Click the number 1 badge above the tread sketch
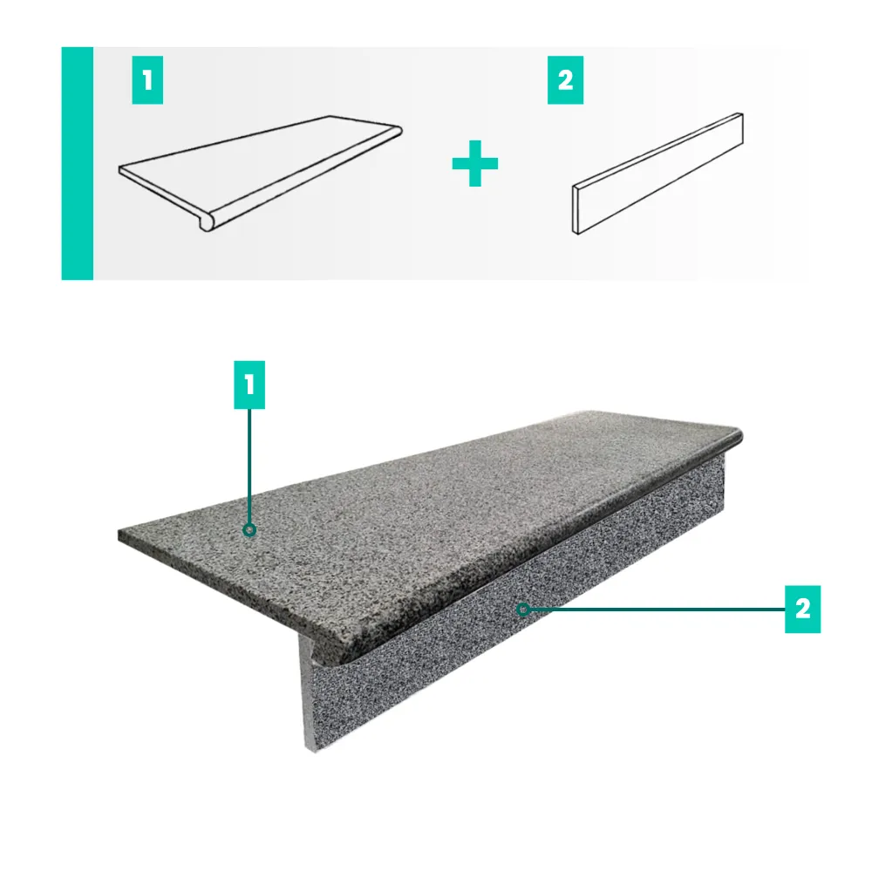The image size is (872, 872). (x=147, y=80)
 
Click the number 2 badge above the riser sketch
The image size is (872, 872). (x=566, y=80)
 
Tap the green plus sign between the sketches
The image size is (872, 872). (x=475, y=163)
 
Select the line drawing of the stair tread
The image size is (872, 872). (x=260, y=173)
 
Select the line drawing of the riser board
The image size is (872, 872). (x=657, y=174)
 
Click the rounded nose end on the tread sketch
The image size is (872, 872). (x=207, y=222)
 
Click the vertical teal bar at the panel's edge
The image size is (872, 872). (x=78, y=164)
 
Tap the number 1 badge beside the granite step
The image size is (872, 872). (x=249, y=385)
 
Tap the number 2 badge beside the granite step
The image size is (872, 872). (x=802, y=609)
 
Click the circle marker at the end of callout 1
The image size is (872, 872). (x=249, y=530)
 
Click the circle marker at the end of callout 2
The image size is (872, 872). (x=522, y=610)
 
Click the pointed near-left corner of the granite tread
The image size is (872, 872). (x=119, y=535)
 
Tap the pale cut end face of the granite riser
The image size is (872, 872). (x=308, y=694)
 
